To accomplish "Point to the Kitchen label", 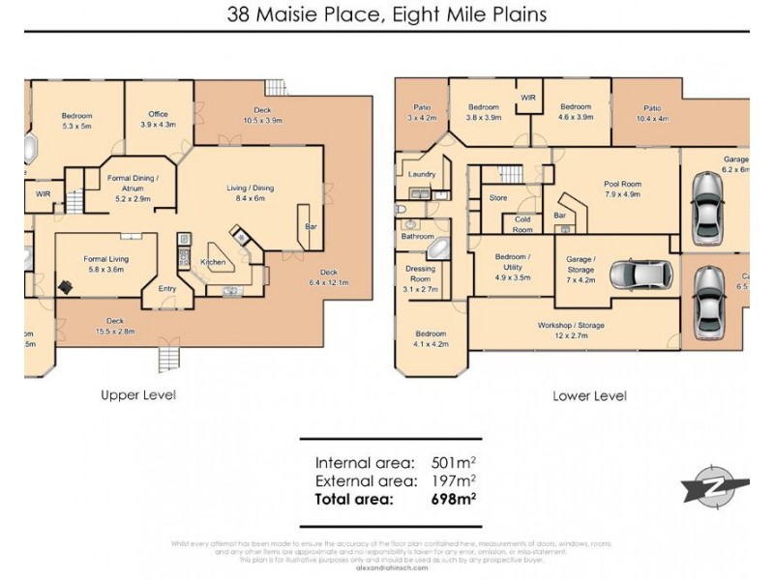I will click(x=213, y=262).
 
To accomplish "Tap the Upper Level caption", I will click(x=138, y=394).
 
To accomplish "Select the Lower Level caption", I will click(x=589, y=395).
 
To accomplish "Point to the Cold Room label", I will click(x=522, y=224).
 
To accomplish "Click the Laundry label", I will click(x=422, y=174).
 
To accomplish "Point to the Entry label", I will click(x=167, y=288).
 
